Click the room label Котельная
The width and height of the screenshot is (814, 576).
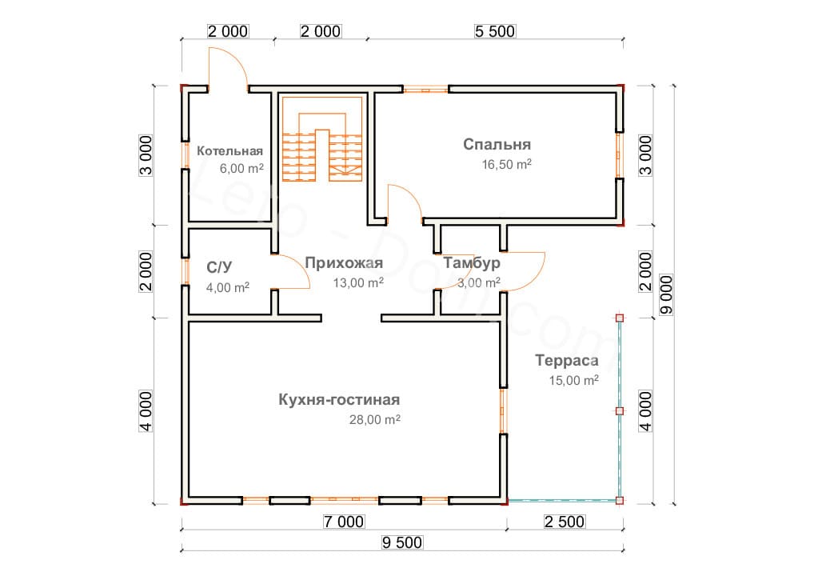point(230,151)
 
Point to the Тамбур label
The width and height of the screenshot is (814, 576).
point(472,263)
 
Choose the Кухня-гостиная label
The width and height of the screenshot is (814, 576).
point(339,400)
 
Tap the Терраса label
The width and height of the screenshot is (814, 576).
point(567,361)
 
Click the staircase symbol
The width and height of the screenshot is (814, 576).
point(322,147)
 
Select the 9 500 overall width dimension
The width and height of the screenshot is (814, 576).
point(402,542)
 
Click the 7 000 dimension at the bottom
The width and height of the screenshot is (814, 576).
point(344,522)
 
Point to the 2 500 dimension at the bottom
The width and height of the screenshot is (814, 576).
point(564,522)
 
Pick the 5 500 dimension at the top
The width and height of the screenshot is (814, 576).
point(495,31)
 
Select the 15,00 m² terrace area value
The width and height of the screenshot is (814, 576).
point(573,381)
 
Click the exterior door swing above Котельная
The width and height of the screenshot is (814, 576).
point(229,66)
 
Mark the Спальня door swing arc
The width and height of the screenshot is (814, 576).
point(405,200)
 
